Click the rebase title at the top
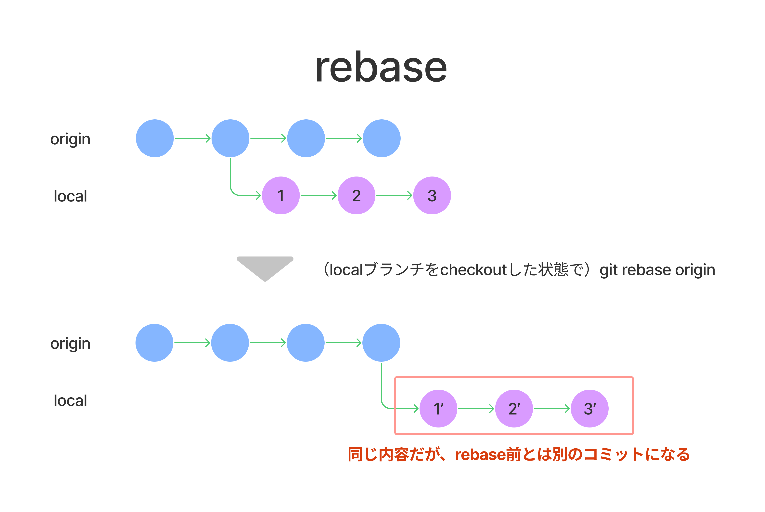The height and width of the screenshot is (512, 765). (381, 68)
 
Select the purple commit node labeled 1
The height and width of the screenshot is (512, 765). (281, 196)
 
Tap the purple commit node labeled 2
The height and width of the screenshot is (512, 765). (356, 196)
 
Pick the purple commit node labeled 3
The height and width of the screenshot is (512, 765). (432, 196)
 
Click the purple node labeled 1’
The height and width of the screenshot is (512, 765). (438, 409)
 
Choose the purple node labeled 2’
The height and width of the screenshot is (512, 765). (514, 409)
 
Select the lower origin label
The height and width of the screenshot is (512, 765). (70, 344)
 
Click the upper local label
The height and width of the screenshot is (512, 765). (70, 196)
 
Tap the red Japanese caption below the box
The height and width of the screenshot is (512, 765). (518, 454)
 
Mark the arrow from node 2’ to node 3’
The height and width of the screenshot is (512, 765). (551, 409)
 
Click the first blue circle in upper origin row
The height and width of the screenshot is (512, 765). (155, 138)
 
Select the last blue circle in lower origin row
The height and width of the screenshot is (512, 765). (381, 343)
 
